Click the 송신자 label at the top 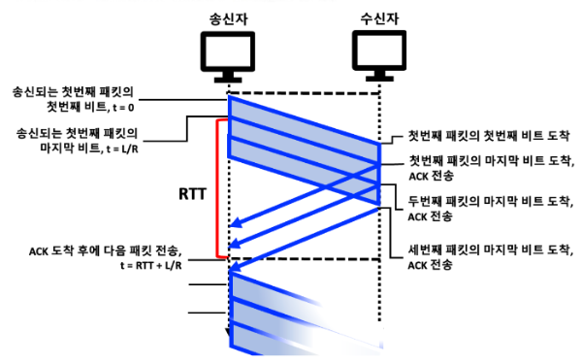click(x=230, y=17)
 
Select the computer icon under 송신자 click(x=229, y=55)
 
